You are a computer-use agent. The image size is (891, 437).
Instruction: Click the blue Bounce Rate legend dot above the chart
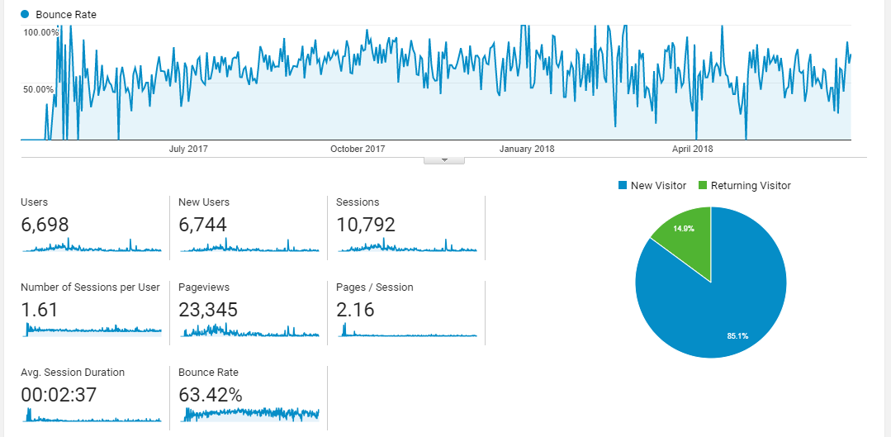(25, 14)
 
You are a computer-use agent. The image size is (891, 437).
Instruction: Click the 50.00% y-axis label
(39, 89)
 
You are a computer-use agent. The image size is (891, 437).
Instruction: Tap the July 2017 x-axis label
(188, 149)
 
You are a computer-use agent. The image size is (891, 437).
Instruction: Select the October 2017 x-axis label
(358, 149)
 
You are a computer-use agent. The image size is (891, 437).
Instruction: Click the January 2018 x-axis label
(527, 149)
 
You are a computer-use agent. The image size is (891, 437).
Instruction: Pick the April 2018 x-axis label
(692, 149)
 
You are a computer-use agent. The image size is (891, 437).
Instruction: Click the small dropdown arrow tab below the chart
(444, 160)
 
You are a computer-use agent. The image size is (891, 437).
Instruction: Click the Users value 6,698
(45, 225)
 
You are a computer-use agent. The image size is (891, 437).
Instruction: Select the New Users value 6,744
(202, 225)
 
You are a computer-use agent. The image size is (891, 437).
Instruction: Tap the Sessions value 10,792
(366, 225)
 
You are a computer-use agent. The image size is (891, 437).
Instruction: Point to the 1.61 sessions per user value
(39, 310)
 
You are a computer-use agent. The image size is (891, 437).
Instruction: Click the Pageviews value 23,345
(208, 310)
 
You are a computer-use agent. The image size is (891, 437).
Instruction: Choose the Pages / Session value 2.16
(355, 310)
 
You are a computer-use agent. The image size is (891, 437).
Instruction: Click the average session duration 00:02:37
(59, 395)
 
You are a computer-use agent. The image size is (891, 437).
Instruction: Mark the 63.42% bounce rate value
(211, 395)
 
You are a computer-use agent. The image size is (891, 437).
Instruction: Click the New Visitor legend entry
(652, 186)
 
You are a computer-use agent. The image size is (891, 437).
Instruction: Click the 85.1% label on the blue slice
(731, 335)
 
